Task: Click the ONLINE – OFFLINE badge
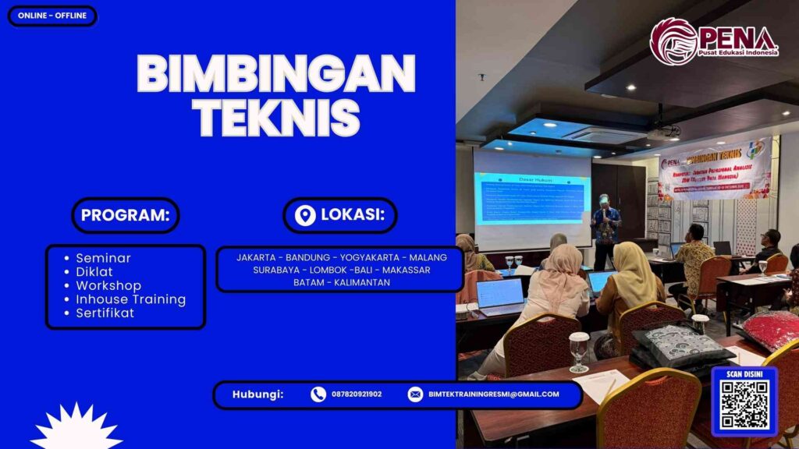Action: coord(52,16)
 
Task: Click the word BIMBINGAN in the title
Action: coord(276,76)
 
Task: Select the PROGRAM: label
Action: coord(125,215)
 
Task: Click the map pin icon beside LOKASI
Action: coord(305,215)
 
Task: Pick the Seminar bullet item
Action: coord(103,258)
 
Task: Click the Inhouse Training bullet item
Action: coord(130,299)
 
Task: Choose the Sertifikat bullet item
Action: coord(105,313)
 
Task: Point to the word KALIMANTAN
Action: coord(362,282)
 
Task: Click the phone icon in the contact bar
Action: coord(318,394)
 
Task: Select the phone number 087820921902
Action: coord(357,394)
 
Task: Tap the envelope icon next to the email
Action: coord(415,394)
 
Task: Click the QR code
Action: coord(744,406)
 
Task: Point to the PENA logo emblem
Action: coord(673,41)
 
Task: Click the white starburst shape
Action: coord(76,429)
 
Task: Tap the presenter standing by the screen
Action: coord(605,226)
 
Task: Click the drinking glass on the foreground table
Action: coord(578,352)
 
